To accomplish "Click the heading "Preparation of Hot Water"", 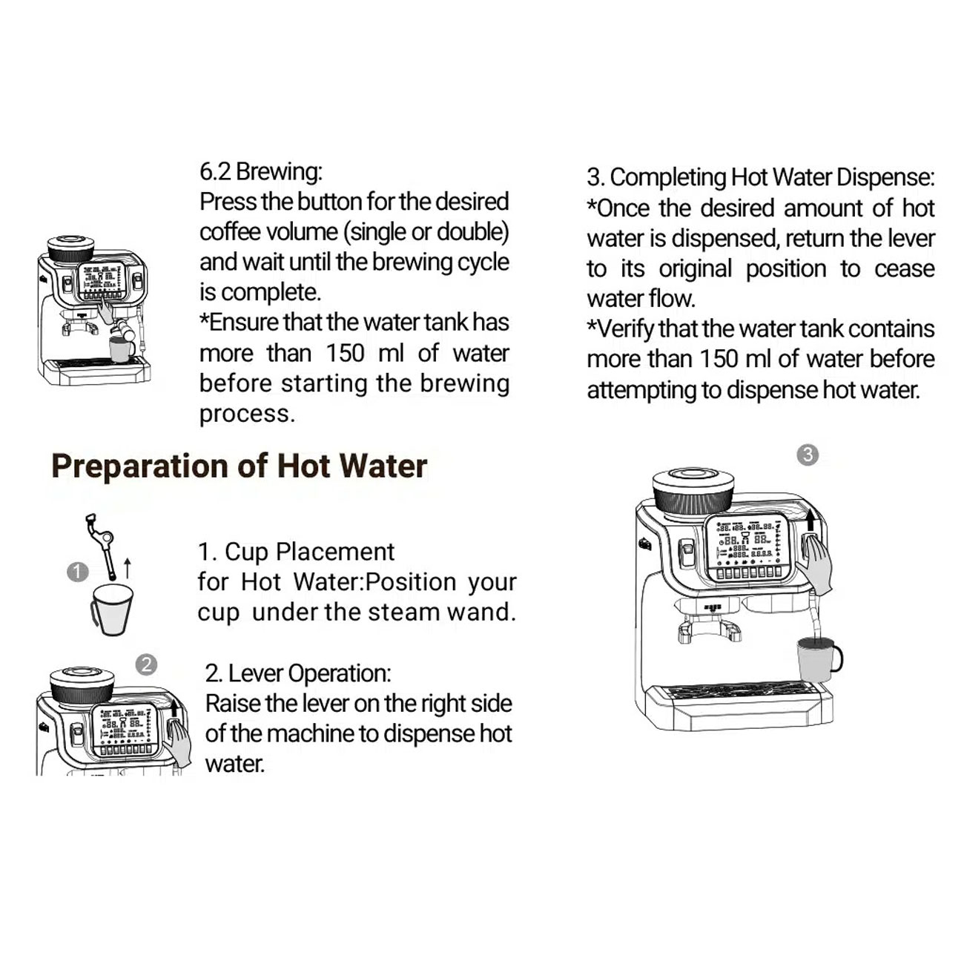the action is (x=239, y=466).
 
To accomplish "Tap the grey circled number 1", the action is (x=78, y=572).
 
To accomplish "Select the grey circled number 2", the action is (x=147, y=665).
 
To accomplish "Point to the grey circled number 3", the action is (x=808, y=455).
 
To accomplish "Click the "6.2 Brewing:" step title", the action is (x=261, y=171).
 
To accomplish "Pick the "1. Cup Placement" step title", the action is (x=296, y=552).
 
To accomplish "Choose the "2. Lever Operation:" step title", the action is (x=298, y=673).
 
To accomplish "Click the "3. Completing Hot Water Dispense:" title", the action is (x=760, y=177).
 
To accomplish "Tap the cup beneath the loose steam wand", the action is (x=112, y=610).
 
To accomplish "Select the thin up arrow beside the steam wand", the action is (x=128, y=568).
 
